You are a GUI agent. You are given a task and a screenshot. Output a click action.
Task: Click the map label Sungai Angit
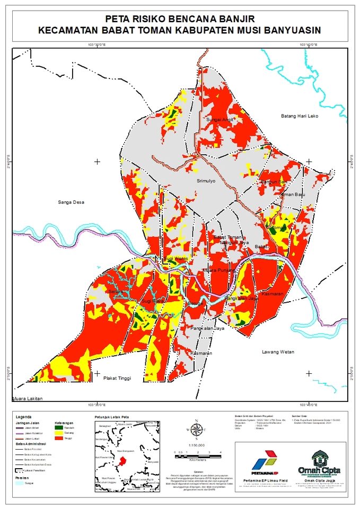coord(219,120)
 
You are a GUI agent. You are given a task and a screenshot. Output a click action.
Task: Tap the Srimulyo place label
coord(206,181)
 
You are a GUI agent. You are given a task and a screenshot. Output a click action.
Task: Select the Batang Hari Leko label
coord(298,116)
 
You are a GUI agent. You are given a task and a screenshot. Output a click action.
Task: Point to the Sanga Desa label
coord(71,202)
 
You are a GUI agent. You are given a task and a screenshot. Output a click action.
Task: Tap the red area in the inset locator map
coord(123,460)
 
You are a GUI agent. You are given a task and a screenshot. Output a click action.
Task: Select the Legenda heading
coord(24,417)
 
